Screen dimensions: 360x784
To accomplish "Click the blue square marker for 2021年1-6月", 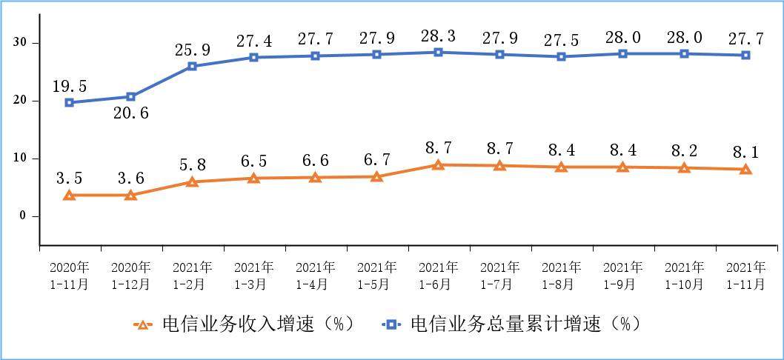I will [x=438, y=52].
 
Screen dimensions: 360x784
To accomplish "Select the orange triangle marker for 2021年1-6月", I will [x=438, y=164].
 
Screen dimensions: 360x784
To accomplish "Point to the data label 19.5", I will [x=69, y=86].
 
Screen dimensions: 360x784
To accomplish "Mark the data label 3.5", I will [x=69, y=179].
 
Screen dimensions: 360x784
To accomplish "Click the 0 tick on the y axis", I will [x=24, y=216].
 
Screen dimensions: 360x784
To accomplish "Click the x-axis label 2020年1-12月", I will [x=130, y=275].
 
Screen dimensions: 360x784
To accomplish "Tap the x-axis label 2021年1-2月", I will [x=192, y=275].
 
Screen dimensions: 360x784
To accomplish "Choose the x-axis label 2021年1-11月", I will [x=745, y=275].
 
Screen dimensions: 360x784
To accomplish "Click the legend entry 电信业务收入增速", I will [x=245, y=324].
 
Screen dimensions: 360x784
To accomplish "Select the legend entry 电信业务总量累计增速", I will [x=511, y=324].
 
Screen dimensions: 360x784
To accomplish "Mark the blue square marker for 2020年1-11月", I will [x=69, y=102].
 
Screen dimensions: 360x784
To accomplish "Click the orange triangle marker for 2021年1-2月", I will [x=192, y=181].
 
